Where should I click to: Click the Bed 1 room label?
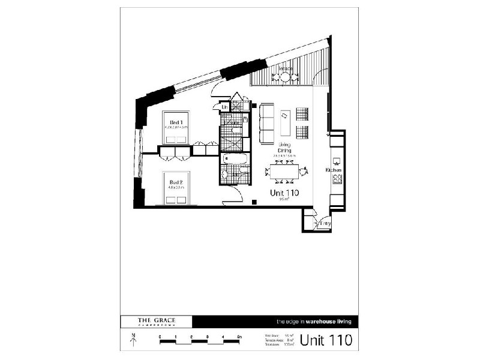click(x=176, y=123)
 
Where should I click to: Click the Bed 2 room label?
click(x=175, y=182)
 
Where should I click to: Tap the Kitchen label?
click(x=334, y=170)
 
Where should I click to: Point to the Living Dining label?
click(x=284, y=148)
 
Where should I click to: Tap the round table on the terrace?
click(x=285, y=76)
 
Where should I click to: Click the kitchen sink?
click(x=337, y=161)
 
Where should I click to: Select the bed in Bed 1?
click(x=176, y=128)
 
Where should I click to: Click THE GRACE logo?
click(x=157, y=322)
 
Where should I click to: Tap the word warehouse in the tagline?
click(x=317, y=322)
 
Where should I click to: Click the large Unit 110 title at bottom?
click(x=326, y=340)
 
